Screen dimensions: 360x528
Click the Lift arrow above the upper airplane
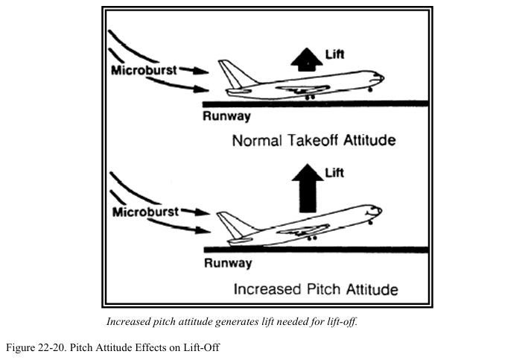(303, 59)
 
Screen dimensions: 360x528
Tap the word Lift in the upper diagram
(335, 53)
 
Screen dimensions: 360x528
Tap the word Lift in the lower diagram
(335, 173)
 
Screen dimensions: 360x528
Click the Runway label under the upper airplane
(226, 116)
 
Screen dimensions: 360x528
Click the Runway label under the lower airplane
(226, 262)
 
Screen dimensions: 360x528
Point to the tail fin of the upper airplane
(228, 73)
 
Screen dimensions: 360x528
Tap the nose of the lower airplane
(380, 209)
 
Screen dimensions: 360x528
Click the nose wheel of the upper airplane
(370, 90)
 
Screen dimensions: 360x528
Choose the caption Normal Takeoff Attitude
(314, 140)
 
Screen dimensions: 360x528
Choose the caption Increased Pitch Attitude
(316, 288)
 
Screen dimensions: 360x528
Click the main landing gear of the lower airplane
(310, 238)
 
